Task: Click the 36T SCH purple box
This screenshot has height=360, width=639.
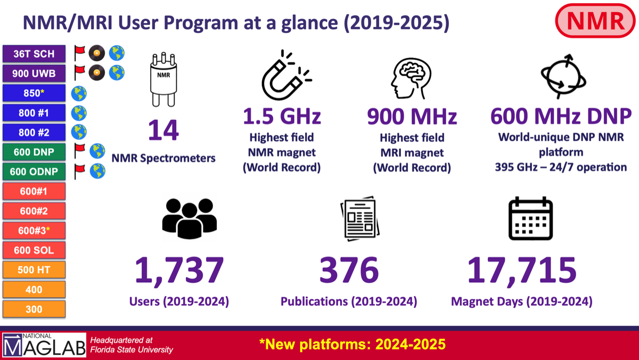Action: pos(34,54)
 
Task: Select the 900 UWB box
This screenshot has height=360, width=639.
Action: pos(34,73)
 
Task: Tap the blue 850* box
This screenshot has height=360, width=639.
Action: pos(34,93)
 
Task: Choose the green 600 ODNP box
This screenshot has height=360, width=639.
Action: pos(34,171)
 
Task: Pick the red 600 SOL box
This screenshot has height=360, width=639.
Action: pos(34,250)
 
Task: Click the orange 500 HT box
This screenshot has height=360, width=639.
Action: pos(34,269)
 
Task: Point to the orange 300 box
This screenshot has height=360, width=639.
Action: pos(34,309)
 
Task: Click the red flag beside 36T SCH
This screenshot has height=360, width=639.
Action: pos(79,53)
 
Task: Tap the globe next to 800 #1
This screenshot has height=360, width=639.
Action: pos(79,113)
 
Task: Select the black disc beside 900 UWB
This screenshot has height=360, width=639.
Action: pos(97,73)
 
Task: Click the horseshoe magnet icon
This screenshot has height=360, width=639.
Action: pos(286,75)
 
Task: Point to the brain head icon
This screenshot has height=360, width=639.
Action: pos(411,78)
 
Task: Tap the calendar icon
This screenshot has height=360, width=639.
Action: pos(530,218)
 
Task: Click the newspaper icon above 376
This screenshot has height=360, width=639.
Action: pos(360,218)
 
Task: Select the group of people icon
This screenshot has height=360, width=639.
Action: pos(190,218)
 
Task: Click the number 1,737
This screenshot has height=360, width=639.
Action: pos(179,270)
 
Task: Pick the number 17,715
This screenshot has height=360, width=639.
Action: pos(522,270)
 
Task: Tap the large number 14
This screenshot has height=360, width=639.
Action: pos(163,130)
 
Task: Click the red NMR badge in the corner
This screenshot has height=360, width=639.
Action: pos(595,21)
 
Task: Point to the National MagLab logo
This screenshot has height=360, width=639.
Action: pos(44,345)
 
